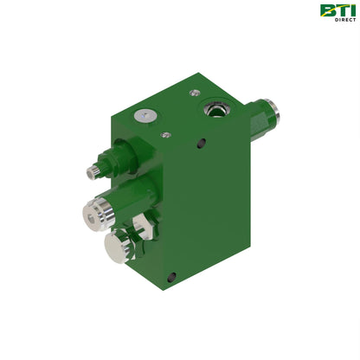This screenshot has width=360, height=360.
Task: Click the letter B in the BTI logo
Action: pos(327,10)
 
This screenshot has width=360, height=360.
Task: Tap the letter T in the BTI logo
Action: pos(341,10)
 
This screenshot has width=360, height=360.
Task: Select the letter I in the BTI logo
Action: pos(352,10)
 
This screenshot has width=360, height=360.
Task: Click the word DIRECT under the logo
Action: pos(345,20)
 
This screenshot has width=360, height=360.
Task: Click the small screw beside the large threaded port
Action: pos(195,93)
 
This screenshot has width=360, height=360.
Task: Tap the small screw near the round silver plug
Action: pos(165,134)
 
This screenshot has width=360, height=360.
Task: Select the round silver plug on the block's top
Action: pos(145,116)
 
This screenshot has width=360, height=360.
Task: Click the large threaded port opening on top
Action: pos(215,108)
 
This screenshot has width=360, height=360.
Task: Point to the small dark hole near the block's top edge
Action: pos(202,143)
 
